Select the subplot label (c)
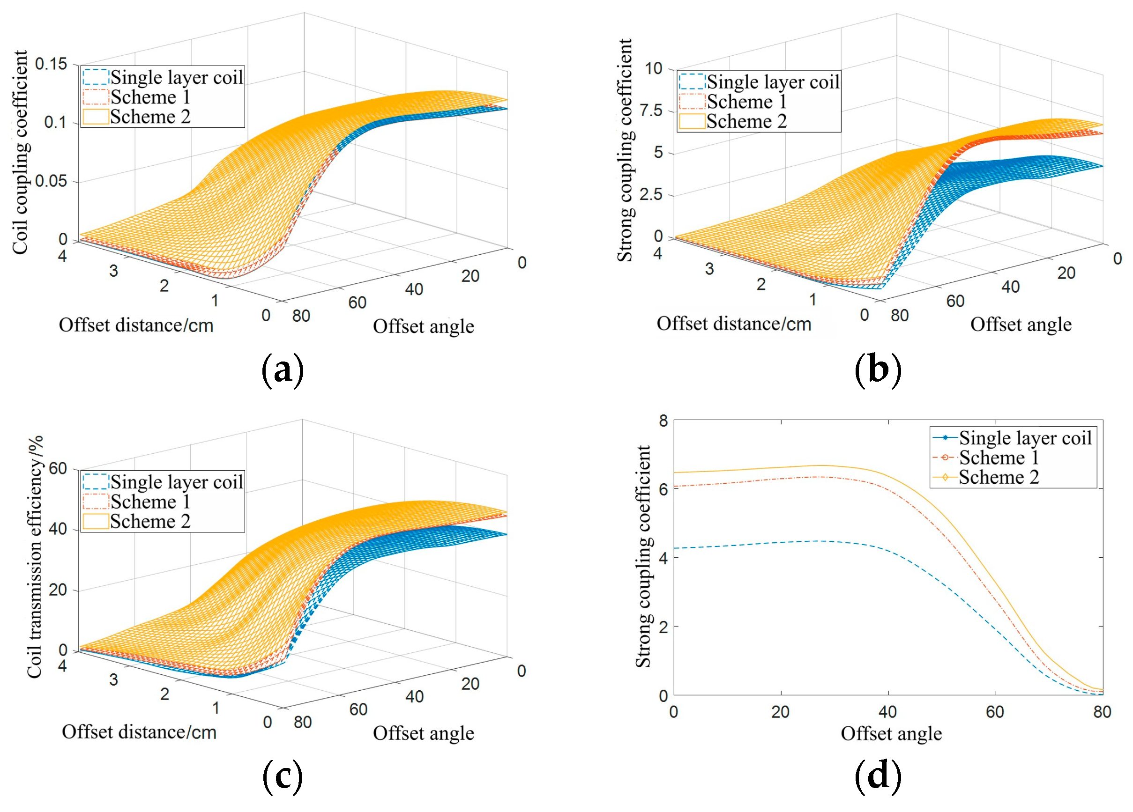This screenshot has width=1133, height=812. (282, 776)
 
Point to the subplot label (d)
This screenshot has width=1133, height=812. (878, 776)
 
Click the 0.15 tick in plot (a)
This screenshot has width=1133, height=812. (51, 64)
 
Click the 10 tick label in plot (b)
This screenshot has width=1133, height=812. (654, 68)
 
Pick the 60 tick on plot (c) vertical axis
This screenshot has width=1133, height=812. (58, 468)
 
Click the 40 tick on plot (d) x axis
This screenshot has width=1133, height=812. (888, 712)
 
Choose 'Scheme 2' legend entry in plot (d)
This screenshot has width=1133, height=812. (999, 477)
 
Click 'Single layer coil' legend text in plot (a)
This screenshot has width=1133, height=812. (177, 77)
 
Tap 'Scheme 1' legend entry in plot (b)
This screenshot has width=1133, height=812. (747, 102)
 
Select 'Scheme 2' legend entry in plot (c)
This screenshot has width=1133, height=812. (150, 521)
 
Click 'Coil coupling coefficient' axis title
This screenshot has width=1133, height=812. (20, 152)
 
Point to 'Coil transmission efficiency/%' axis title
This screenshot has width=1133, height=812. (35, 557)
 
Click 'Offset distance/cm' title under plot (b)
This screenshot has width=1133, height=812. (733, 324)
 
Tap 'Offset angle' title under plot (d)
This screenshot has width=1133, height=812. (891, 734)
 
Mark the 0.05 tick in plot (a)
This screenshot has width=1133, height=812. (51, 181)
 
